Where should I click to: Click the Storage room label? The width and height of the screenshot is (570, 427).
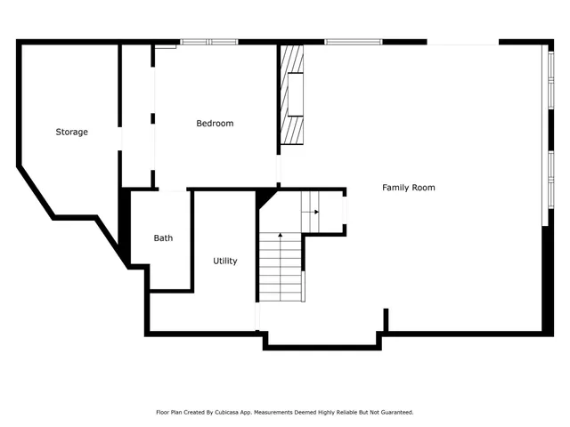tap(72, 133)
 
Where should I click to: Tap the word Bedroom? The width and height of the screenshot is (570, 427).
tap(215, 124)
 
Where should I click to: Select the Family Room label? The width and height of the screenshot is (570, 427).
tap(409, 188)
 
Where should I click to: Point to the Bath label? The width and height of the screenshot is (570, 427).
tap(163, 238)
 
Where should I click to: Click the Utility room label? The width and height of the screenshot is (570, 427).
tap(224, 262)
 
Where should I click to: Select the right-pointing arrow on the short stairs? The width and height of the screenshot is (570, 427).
tap(314, 212)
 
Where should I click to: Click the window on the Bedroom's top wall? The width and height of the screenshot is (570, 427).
tap(209, 42)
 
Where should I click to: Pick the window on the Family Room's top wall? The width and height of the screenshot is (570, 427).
tap(353, 42)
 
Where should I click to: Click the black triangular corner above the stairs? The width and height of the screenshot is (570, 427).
tap(265, 197)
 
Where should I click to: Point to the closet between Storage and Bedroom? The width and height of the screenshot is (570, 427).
tap(136, 116)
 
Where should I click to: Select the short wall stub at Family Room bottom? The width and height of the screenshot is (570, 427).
tap(386, 319)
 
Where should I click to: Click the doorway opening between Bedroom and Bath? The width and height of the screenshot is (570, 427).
tap(171, 189)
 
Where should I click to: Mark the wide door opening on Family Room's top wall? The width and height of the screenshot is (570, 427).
tap(463, 42)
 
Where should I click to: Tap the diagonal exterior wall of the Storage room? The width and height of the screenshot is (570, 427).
tap(35, 190)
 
